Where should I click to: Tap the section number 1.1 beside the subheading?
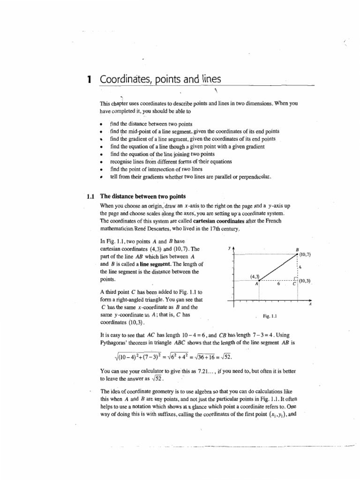click(91, 197)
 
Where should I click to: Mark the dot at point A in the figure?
click(259, 281)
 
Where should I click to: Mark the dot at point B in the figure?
click(297, 254)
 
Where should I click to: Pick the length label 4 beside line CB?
click(300, 267)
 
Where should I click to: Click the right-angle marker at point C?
click(295, 279)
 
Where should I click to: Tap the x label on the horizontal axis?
click(310, 305)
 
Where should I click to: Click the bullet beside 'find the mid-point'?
click(101, 132)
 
